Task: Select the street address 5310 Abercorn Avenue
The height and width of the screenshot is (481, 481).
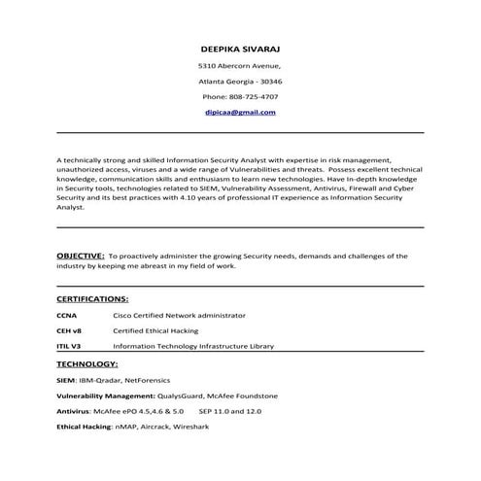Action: (239, 65)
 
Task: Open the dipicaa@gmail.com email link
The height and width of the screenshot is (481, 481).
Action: (240, 112)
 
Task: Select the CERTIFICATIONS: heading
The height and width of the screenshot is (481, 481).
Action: (93, 298)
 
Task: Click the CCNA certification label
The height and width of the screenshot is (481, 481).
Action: (68, 315)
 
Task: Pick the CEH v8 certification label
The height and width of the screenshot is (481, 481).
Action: (71, 330)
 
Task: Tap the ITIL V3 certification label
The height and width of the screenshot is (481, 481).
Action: (70, 346)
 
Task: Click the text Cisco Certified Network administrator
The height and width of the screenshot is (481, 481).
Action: (179, 315)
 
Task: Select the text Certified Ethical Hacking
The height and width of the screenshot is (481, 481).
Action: (155, 330)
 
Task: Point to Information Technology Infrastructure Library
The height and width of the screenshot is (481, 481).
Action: (193, 346)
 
